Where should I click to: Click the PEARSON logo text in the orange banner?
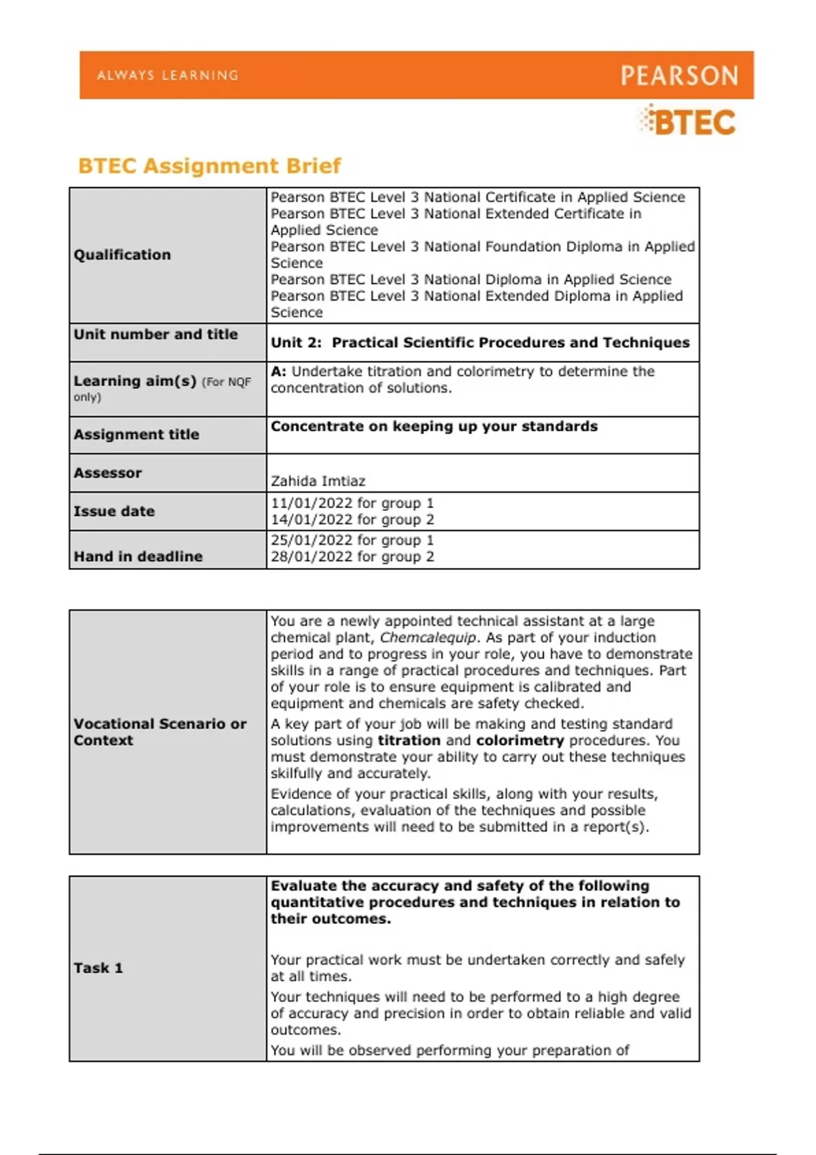point(679,75)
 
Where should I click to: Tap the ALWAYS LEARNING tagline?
point(167,75)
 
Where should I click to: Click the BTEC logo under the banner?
point(688,122)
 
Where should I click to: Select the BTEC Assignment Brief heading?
point(209,166)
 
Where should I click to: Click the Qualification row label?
point(122,255)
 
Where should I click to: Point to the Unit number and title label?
point(156,334)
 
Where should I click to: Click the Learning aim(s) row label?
point(135,381)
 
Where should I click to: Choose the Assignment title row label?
point(136,434)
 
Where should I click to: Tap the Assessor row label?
point(107,473)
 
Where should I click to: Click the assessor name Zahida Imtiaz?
point(318,481)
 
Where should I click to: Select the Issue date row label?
point(114,511)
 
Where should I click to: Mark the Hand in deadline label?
point(138,556)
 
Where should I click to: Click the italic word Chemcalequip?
point(428,638)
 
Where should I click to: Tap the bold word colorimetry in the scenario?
point(520,741)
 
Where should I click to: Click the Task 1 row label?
point(98,968)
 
